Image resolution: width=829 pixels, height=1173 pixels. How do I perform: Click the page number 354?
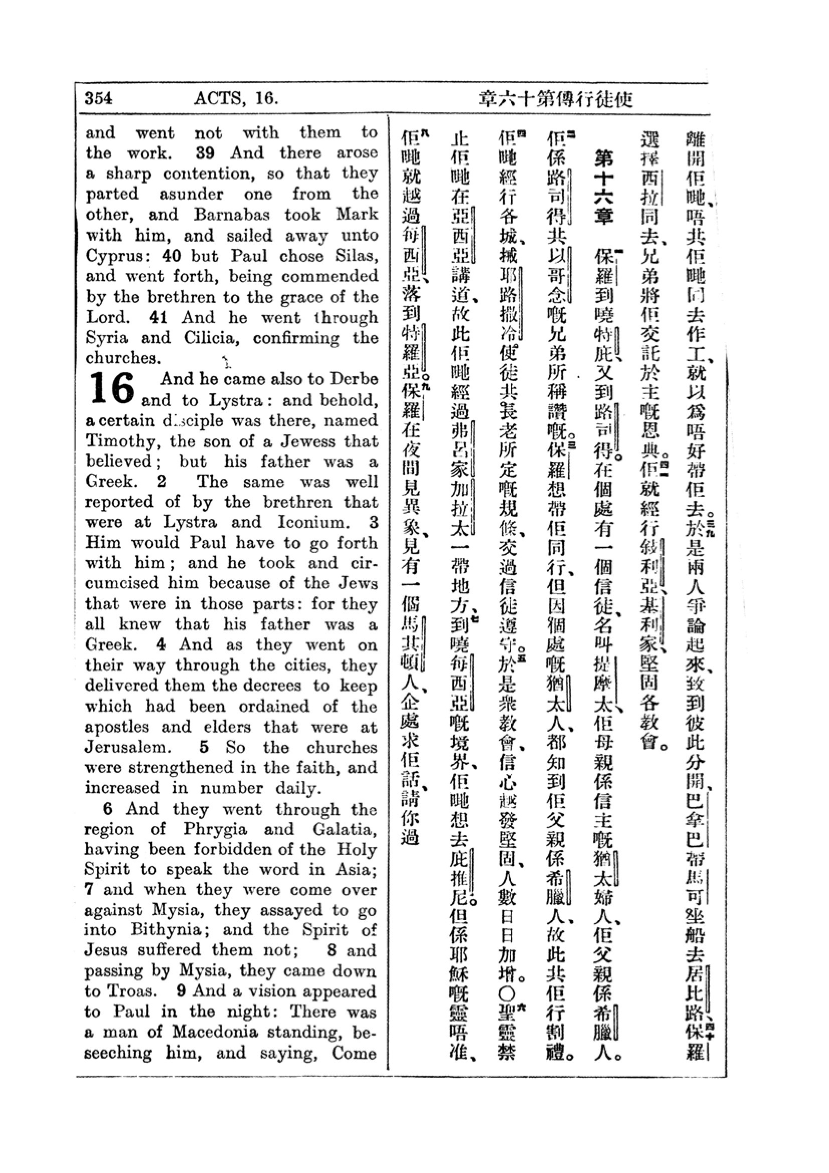[x=98, y=98]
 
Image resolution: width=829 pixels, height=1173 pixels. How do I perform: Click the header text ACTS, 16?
[x=236, y=98]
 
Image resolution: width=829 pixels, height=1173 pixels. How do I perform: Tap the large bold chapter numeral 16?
[x=112, y=389]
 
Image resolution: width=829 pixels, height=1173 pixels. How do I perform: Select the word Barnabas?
[x=231, y=215]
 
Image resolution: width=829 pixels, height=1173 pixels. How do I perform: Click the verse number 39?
[x=205, y=153]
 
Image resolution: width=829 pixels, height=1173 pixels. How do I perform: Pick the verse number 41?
[x=158, y=317]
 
